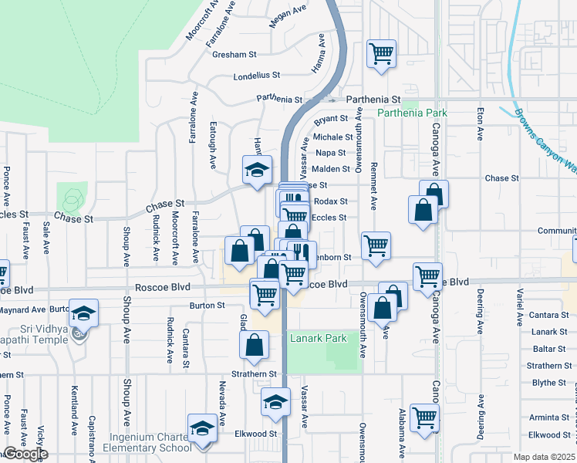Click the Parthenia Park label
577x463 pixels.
coord(412,113)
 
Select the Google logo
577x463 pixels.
coord(25,454)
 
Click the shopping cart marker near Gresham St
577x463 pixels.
coord(381,54)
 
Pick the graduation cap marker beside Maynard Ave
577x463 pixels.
coord(83,313)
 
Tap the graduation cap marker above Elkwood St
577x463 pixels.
coord(275,401)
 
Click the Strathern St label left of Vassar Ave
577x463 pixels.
coord(256,374)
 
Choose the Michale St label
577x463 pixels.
coord(332,137)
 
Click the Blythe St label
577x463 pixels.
coord(549,383)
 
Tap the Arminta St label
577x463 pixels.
coord(549,417)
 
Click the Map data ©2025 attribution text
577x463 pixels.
coord(545,457)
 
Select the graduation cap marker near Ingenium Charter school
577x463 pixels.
coord(202,428)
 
